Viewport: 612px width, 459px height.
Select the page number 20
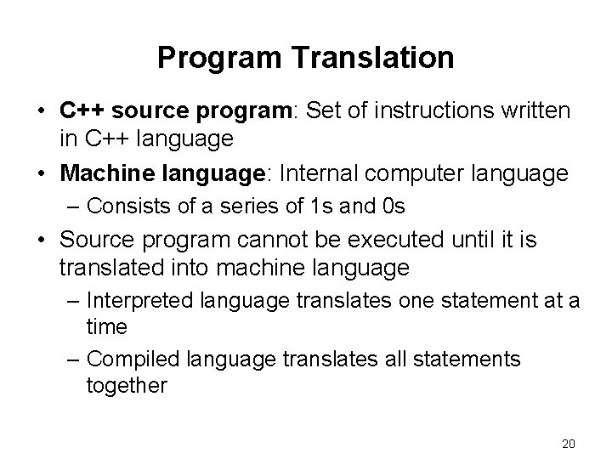point(569,443)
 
